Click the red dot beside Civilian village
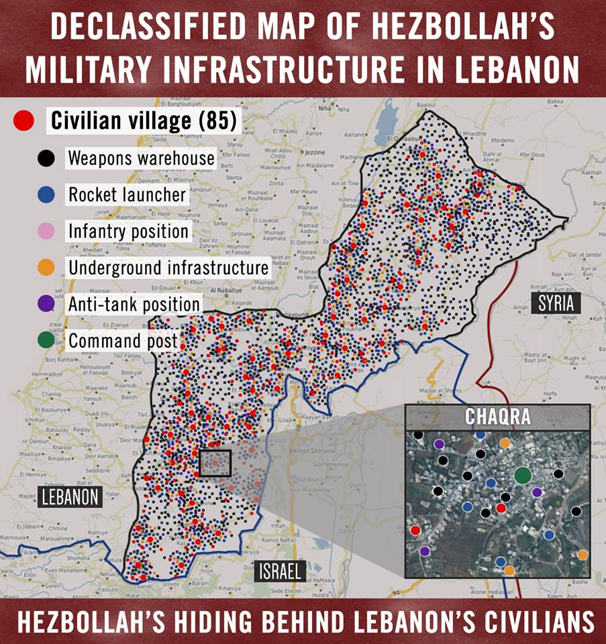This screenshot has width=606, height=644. pos(24,121)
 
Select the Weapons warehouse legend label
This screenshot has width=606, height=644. pos(141,159)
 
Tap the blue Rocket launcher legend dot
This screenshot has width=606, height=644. pos(46,195)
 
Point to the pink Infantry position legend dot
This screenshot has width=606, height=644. pos(46,231)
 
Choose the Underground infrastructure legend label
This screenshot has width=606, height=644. pos(168,268)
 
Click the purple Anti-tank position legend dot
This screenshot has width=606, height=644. pos(46,304)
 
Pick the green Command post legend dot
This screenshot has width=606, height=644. pos(46,340)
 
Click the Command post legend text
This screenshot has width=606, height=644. pos(123,340)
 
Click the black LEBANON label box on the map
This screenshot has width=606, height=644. pos(70,496)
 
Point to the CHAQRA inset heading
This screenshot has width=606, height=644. pos(498,417)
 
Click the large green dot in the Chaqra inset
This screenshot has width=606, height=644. pos(523,475)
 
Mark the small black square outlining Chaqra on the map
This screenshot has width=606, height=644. pos(215,463)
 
